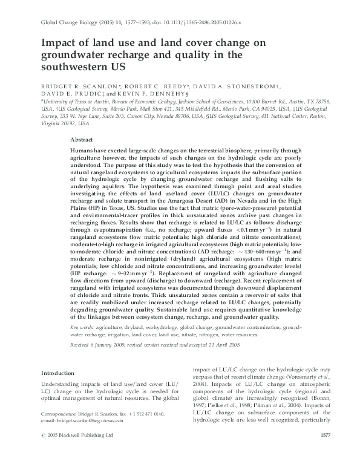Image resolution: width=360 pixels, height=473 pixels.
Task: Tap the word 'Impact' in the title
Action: coord(57,43)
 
